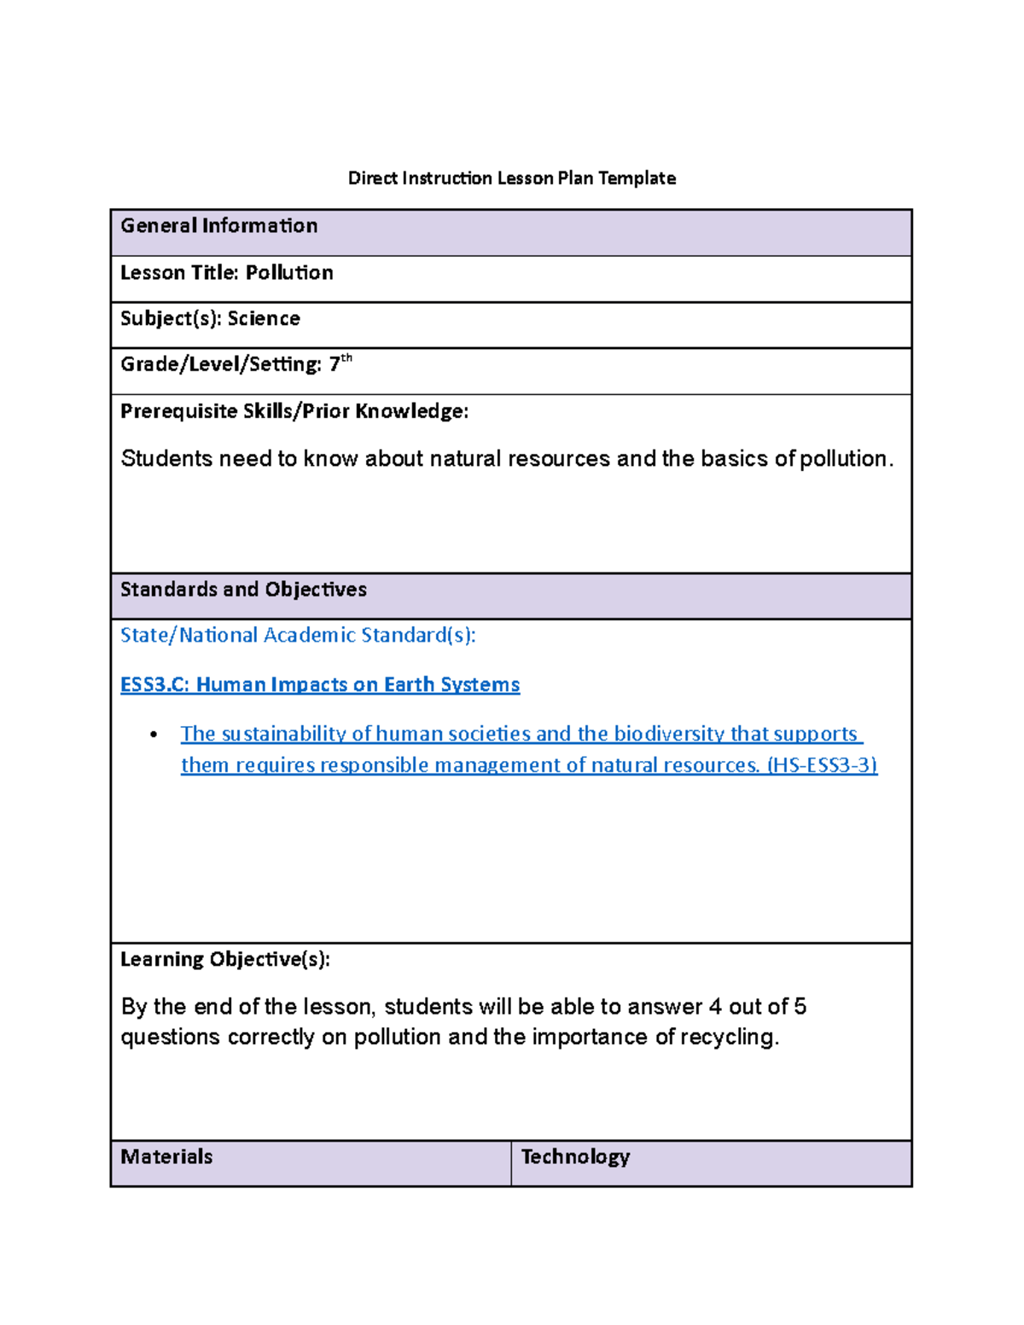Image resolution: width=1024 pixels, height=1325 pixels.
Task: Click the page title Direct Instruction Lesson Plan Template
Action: (x=511, y=178)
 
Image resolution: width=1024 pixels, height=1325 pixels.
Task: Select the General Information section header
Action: (x=218, y=226)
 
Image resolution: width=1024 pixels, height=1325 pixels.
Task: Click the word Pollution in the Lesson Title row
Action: (x=289, y=273)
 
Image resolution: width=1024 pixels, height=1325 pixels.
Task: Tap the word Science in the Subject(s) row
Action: (x=264, y=319)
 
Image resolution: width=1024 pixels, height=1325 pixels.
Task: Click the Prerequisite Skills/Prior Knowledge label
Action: (x=294, y=411)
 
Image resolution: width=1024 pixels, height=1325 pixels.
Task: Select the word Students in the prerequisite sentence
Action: (x=166, y=459)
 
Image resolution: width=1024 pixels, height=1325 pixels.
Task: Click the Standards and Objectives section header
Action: (x=243, y=590)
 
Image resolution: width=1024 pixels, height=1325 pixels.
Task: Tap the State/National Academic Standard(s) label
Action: (x=298, y=636)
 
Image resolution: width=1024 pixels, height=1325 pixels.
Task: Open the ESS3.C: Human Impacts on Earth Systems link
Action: (x=320, y=685)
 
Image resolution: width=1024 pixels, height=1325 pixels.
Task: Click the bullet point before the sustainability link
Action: (x=154, y=735)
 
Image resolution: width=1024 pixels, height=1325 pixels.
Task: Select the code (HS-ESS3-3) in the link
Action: (x=822, y=765)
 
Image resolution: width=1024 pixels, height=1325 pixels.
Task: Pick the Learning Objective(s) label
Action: (x=224, y=960)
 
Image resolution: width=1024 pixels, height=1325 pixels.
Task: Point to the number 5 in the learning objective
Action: (x=800, y=1007)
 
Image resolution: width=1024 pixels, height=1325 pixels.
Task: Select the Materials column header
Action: (x=166, y=1157)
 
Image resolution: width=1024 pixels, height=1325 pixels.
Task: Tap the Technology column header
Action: (x=575, y=1157)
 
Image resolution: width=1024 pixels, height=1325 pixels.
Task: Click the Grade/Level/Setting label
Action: (x=220, y=365)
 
